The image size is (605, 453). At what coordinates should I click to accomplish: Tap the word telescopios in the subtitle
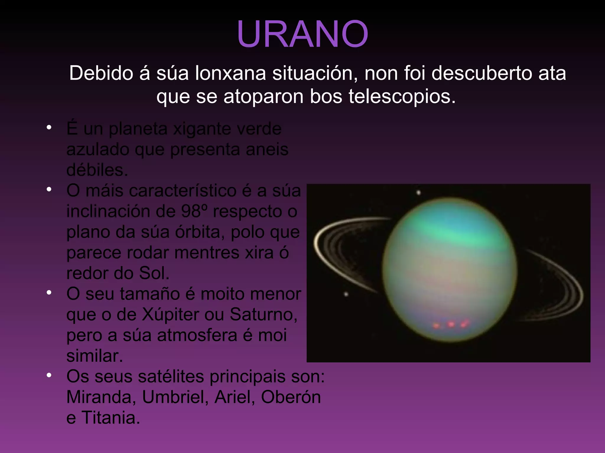pyautogui.click(x=402, y=96)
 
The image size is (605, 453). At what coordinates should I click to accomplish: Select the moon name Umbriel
pyautogui.click(x=175, y=397)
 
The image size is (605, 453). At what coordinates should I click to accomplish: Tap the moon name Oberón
pyautogui.click(x=291, y=397)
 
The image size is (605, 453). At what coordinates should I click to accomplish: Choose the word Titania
pyautogui.click(x=110, y=418)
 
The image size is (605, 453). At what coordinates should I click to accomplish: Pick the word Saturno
pyautogui.click(x=263, y=315)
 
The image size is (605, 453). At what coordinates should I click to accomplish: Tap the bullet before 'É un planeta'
pyautogui.click(x=49, y=128)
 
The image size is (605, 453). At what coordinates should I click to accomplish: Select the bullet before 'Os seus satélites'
pyautogui.click(x=49, y=375)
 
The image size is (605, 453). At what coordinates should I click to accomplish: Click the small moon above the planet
pyautogui.click(x=418, y=193)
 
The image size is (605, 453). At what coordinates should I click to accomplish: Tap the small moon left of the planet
pyautogui.click(x=346, y=294)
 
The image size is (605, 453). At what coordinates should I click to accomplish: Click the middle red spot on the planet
pyautogui.click(x=451, y=324)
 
